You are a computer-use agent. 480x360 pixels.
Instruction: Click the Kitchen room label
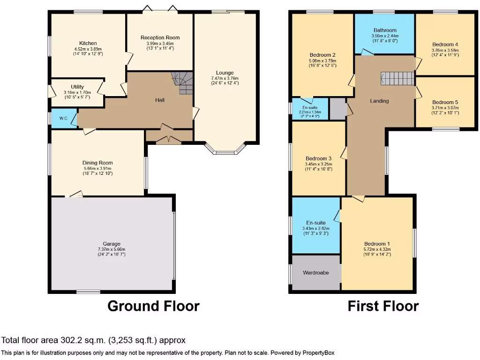pyautogui.click(x=88, y=43)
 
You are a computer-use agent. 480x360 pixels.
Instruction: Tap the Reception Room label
pyautogui.click(x=160, y=37)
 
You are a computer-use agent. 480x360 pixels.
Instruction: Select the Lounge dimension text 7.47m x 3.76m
pyautogui.click(x=225, y=78)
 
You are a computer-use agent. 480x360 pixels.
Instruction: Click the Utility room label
pyautogui.click(x=77, y=87)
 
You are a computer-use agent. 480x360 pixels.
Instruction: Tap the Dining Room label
pyautogui.click(x=98, y=163)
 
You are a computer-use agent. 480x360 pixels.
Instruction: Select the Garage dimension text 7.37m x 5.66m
pyautogui.click(x=112, y=249)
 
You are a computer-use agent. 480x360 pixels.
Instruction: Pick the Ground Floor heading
pyautogui.click(x=153, y=306)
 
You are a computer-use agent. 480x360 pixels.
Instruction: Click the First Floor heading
pyautogui.click(x=383, y=306)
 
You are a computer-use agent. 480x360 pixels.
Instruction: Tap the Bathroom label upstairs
pyautogui.click(x=385, y=30)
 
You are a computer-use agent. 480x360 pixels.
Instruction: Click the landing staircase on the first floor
pyautogui.click(x=397, y=78)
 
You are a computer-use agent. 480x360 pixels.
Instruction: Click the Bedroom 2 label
pyautogui.click(x=322, y=55)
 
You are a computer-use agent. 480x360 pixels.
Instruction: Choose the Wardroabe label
pyautogui.click(x=315, y=272)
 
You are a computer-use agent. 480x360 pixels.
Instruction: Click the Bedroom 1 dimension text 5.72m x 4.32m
pyautogui.click(x=377, y=249)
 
